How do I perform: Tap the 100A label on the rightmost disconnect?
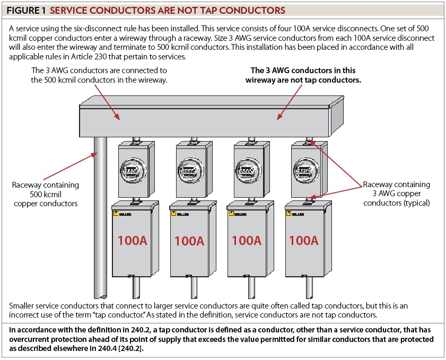tap(303, 240)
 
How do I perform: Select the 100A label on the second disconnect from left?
tap(189, 241)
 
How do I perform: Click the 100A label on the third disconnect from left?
tap(247, 240)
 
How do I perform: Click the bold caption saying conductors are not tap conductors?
tap(303, 75)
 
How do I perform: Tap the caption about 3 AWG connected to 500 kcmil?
tap(99, 75)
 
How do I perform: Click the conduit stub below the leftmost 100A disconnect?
tap(136, 289)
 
